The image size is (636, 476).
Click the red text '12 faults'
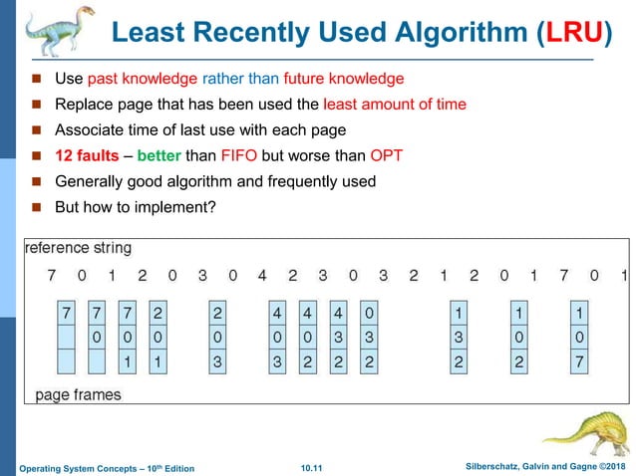[x=86, y=156]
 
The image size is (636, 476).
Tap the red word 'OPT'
[x=386, y=156]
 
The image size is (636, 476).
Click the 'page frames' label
[x=79, y=394]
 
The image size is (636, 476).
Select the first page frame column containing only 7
[x=67, y=337]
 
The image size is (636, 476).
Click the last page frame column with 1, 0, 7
[x=579, y=337]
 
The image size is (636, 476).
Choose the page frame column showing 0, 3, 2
[x=369, y=337]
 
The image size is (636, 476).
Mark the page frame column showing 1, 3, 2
[x=458, y=337]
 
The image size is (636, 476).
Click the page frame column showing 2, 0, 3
[x=217, y=337]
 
